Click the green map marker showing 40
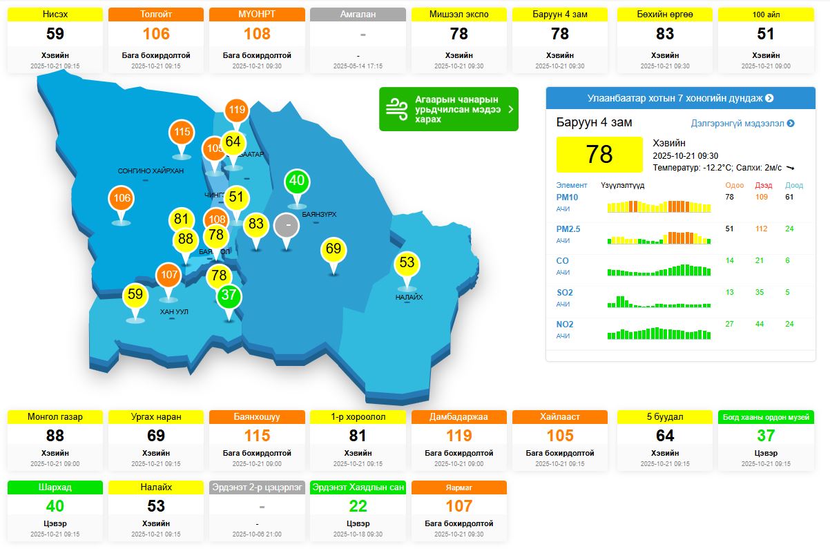[297, 182]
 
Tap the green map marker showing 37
[229, 296]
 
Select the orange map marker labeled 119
[237, 110]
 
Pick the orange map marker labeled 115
[182, 133]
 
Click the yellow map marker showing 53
[407, 263]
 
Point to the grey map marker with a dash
[287, 226]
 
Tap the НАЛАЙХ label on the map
[409, 298]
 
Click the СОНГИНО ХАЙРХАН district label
[151, 171]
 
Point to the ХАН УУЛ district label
[174, 312]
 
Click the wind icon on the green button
[397, 109]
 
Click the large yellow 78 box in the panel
[599, 154]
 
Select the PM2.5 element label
[568, 229]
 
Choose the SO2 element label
[564, 293]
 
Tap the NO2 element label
[564, 325]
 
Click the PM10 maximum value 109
[762, 197]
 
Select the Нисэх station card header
[55, 14]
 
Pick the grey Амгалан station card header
[358, 14]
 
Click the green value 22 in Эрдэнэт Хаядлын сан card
[358, 506]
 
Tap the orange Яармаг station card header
[459, 487]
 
